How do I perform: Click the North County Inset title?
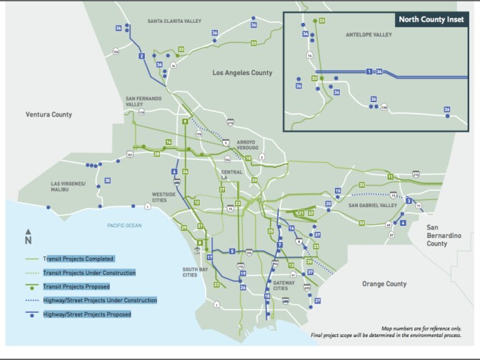[x=431, y=20]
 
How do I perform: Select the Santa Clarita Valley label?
[x=174, y=21]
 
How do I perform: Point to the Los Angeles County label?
[x=242, y=73]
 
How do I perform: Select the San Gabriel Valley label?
[x=372, y=206]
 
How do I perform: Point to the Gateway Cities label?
[x=286, y=286]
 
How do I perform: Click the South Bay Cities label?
[x=191, y=272]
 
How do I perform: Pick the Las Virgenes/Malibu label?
[x=69, y=186]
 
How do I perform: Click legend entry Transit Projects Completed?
[x=79, y=259]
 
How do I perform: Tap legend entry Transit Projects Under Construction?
[x=89, y=272]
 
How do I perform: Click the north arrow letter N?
[x=29, y=241]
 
